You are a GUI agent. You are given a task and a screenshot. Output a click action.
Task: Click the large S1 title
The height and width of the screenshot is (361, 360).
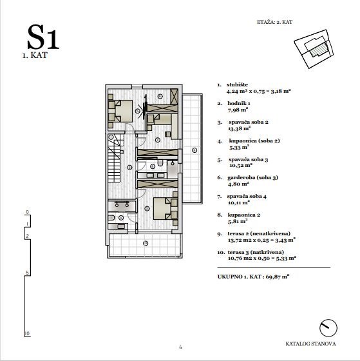pyautogui.click(x=43, y=37)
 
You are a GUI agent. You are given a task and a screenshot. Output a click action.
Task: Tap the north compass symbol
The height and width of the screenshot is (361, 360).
pyautogui.click(x=328, y=328)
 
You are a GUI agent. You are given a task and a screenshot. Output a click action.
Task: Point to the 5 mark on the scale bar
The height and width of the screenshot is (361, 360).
pyautogui.click(x=28, y=273)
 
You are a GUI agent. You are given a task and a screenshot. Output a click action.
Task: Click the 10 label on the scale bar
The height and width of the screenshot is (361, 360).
pyautogui.click(x=27, y=333)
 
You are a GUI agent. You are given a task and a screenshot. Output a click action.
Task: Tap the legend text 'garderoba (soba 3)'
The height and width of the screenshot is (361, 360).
pyautogui.click(x=253, y=177)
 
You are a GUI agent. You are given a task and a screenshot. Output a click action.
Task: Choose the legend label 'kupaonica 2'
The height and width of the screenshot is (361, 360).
pyautogui.click(x=244, y=215)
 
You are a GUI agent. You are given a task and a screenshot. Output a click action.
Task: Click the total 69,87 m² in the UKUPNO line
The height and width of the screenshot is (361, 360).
pyautogui.click(x=278, y=277)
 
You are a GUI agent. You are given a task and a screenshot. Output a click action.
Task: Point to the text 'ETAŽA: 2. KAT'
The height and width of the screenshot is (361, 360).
pyautogui.click(x=274, y=22)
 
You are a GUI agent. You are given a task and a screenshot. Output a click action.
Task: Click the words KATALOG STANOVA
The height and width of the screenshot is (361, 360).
pyautogui.click(x=310, y=344)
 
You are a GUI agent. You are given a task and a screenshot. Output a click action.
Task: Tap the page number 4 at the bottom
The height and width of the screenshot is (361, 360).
pyautogui.click(x=180, y=347)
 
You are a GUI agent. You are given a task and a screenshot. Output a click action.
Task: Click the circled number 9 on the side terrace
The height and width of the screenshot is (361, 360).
pyautogui.click(x=194, y=150)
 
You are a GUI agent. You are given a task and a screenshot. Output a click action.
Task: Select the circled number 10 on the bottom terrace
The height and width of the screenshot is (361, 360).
pyautogui.click(x=146, y=243)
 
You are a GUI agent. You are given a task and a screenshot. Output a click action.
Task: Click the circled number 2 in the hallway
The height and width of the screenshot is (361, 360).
pyautogui.click(x=129, y=168)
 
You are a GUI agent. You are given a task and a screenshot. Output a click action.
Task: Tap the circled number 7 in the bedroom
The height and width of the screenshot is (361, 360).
pyautogui.click(x=158, y=140)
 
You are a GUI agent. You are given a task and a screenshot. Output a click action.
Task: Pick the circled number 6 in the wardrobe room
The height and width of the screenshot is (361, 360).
pyautogui.click(x=160, y=96)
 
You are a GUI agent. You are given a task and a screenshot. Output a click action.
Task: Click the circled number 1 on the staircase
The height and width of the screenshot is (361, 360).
pyautogui.click(x=111, y=137)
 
